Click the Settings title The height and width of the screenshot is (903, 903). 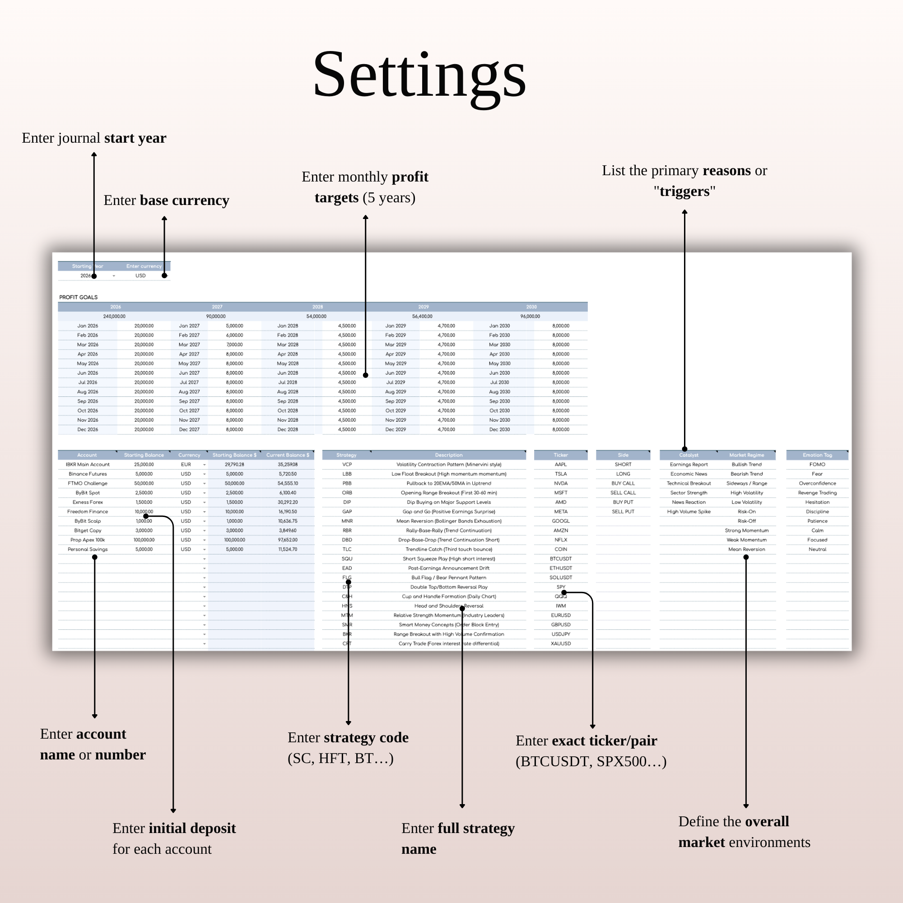(419, 75)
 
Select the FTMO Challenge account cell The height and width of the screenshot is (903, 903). (88, 483)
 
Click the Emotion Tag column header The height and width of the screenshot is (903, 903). (817, 455)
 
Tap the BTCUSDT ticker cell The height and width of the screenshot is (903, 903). (560, 559)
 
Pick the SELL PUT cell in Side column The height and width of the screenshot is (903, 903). (623, 512)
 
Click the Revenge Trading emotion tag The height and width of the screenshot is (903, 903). (817, 493)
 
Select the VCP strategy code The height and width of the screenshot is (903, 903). (347, 464)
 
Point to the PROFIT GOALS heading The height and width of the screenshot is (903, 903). (79, 297)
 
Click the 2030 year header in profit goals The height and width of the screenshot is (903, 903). (531, 307)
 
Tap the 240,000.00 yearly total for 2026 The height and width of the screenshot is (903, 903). (114, 317)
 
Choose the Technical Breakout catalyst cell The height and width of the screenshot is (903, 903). (689, 483)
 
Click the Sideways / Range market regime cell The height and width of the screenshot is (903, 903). (746, 483)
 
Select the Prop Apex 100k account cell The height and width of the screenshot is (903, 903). (88, 540)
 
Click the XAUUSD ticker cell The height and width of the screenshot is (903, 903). (560, 643)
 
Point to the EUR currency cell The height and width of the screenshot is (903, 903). (186, 464)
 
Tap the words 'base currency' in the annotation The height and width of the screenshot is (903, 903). (184, 200)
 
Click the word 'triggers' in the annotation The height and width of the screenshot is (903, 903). (684, 191)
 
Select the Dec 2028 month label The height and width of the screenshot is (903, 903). (288, 429)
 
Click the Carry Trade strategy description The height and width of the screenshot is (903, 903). (448, 643)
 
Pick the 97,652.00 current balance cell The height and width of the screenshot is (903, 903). (288, 540)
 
